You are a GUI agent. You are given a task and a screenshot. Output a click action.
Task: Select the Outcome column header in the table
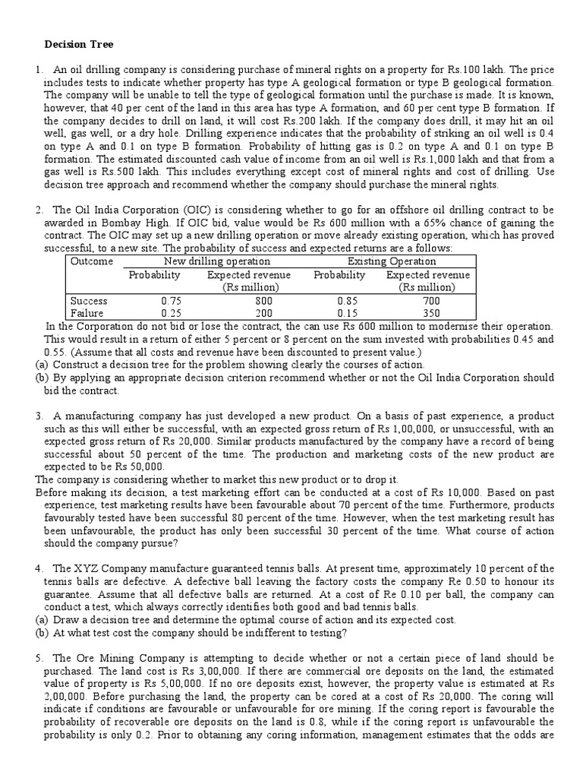coord(92,261)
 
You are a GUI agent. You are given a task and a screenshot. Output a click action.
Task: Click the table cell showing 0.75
coord(154,300)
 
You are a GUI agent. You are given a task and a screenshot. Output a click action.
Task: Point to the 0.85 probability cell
coord(339,300)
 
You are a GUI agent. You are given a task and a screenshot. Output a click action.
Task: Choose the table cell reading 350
coord(428,312)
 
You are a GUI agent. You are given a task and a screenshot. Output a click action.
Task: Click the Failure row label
coord(87,312)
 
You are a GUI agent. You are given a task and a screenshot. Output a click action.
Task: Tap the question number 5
coord(39,657)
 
